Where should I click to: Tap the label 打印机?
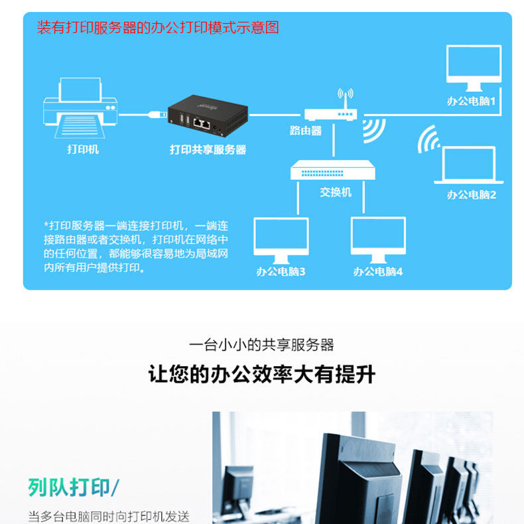(83, 149)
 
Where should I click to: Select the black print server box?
(208, 115)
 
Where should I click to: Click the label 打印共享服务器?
(208, 150)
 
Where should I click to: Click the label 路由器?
(306, 131)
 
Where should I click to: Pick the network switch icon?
(333, 171)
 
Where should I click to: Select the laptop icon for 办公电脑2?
(468, 166)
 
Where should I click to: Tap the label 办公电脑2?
(471, 195)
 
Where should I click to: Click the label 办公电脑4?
(377, 272)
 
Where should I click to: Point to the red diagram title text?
(158, 28)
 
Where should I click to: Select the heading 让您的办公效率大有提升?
(262, 375)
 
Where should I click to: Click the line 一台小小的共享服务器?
(262, 345)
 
